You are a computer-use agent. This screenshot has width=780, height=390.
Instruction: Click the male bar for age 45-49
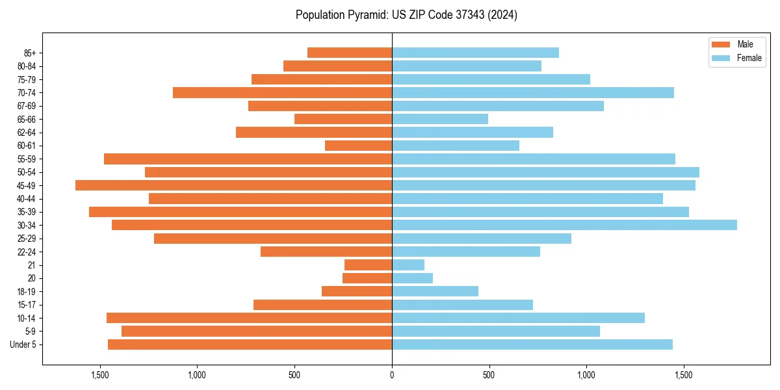(x=234, y=185)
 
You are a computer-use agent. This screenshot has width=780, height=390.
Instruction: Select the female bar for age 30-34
(x=564, y=225)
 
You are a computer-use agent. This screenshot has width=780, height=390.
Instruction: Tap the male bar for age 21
(x=368, y=265)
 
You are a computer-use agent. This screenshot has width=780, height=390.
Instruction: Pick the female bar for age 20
(x=412, y=278)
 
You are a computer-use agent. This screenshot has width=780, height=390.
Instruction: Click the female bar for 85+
(x=475, y=53)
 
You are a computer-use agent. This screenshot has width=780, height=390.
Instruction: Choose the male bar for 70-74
(x=282, y=92)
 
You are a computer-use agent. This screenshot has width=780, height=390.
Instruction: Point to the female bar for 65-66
(x=440, y=119)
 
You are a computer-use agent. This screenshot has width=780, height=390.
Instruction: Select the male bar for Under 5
(x=250, y=344)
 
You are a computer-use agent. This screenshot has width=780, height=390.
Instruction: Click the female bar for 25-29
(x=482, y=239)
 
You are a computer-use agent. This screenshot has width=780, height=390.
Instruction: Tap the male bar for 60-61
(x=358, y=146)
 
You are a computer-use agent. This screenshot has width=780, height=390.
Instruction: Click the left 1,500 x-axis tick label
(x=99, y=376)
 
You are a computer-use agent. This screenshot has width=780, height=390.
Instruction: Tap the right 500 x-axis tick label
(x=489, y=376)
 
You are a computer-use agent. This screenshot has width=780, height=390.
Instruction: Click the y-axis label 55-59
(x=26, y=159)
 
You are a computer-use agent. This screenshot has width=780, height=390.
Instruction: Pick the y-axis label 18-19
(x=26, y=291)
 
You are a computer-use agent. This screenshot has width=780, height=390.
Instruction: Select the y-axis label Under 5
(x=23, y=344)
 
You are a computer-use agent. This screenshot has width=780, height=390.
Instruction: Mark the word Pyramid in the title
(x=365, y=15)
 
